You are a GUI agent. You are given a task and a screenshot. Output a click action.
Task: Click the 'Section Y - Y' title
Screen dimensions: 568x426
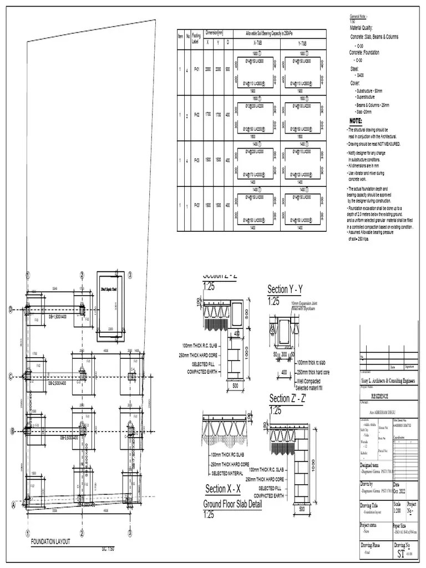tap(285, 289)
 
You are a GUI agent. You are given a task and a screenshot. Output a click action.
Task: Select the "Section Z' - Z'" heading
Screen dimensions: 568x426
tap(288, 398)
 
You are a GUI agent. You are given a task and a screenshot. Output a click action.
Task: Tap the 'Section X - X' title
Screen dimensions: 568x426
tap(222, 489)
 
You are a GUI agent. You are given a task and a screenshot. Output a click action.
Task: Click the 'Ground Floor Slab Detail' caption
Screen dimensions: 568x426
tap(232, 504)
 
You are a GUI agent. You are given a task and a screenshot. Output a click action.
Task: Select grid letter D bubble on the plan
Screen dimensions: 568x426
tap(11, 310)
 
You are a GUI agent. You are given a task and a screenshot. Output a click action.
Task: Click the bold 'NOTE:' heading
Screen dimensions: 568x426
tap(356, 120)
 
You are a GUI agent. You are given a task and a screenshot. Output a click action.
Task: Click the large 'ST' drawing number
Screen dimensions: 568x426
tap(400, 554)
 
